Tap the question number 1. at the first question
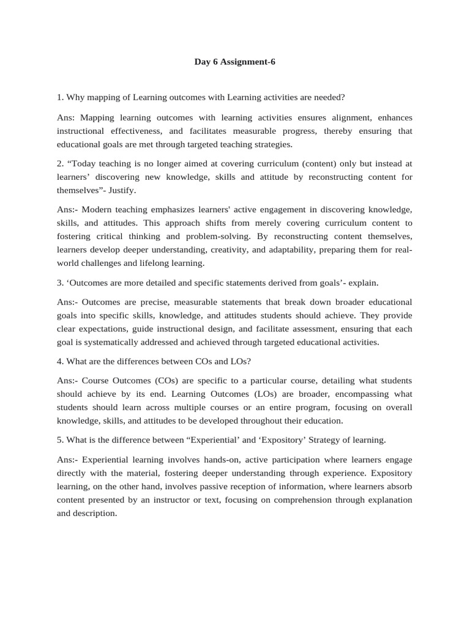tap(60, 97)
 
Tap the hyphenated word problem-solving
tap(238, 236)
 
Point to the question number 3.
tap(60, 282)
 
